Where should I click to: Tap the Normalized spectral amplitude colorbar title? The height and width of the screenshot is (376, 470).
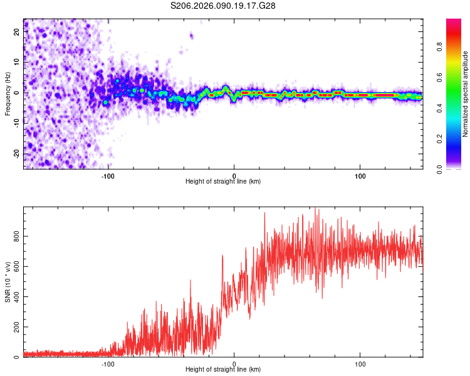click(466, 94)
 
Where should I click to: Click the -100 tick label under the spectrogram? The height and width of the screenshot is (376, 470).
click(108, 175)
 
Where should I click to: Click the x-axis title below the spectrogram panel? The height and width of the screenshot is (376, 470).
click(223, 182)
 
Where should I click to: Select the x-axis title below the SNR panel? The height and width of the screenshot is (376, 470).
click(223, 370)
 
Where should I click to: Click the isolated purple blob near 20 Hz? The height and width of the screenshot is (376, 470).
click(191, 36)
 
